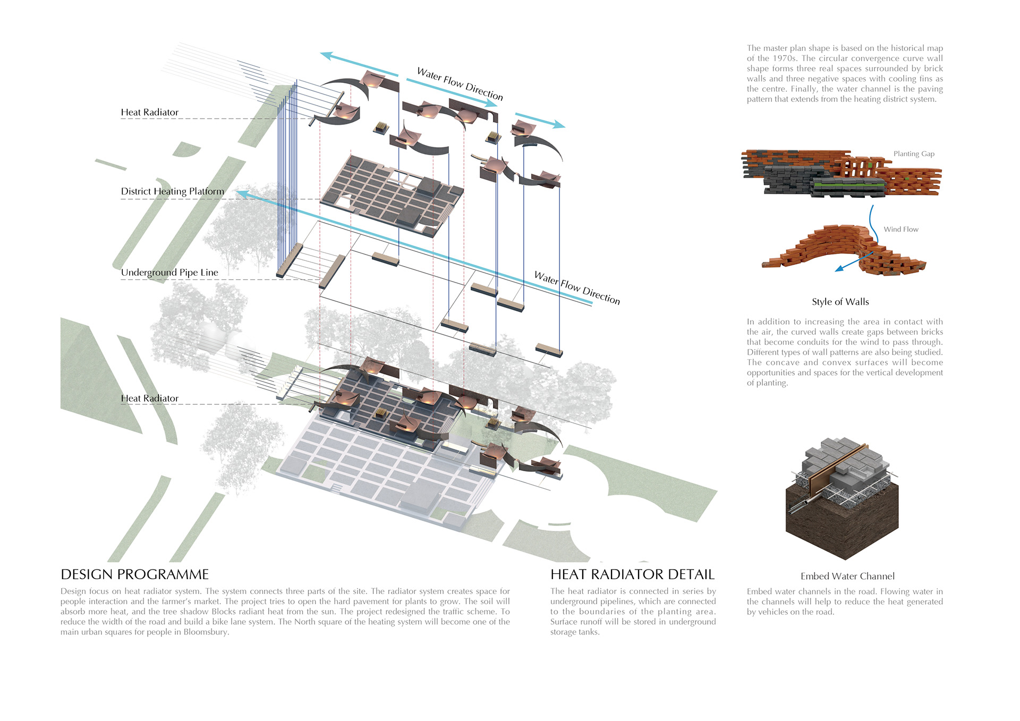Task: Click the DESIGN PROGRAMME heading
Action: [x=134, y=574]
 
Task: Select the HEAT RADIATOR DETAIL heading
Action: [x=632, y=574]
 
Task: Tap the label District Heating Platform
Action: [x=172, y=191]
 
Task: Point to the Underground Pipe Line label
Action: [x=169, y=273]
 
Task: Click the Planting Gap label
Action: [x=914, y=154]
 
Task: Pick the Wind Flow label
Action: [x=901, y=230]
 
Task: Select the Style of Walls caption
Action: [x=840, y=302]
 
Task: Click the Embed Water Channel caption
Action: [x=847, y=576]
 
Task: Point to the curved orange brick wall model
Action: [x=845, y=250]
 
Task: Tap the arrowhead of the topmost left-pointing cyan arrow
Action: [x=326, y=55]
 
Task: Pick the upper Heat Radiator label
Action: [x=149, y=113]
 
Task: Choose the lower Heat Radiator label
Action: [x=149, y=398]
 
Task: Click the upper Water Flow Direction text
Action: [x=460, y=84]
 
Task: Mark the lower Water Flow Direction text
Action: [x=577, y=288]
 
